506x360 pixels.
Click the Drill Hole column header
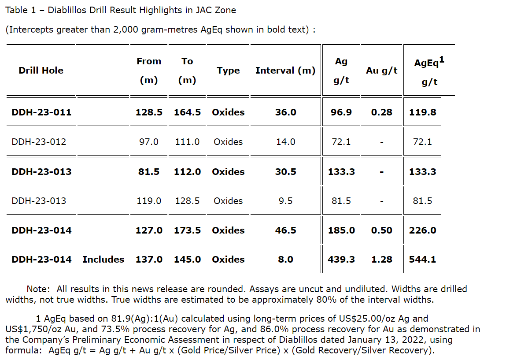[x=41, y=71]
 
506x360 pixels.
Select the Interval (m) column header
[x=285, y=71]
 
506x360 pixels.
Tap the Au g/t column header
[x=382, y=71]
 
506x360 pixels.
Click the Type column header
[x=228, y=71]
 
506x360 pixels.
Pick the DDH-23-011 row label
[x=41, y=112]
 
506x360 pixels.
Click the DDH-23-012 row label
[x=39, y=142]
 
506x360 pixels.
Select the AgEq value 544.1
[x=422, y=260]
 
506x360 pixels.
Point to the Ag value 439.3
[x=341, y=260]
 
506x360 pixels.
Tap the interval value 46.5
[x=285, y=230]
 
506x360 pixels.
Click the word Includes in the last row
[x=103, y=260]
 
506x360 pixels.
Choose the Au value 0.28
[x=381, y=112]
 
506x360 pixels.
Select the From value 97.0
[x=149, y=142]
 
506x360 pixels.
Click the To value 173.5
[x=187, y=230]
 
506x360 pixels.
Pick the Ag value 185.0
[x=341, y=230]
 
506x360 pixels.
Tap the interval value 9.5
[x=285, y=201]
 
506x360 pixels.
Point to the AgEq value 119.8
[x=422, y=112]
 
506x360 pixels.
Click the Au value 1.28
[x=381, y=260]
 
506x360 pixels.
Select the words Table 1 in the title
[x=17, y=10]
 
